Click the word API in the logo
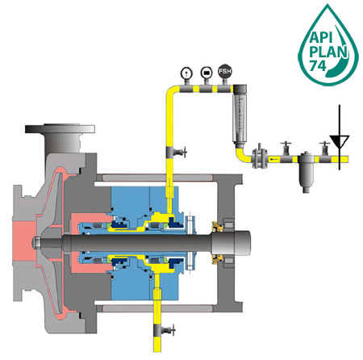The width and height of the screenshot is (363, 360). tap(321, 37)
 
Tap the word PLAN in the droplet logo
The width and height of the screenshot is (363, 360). tap(328, 52)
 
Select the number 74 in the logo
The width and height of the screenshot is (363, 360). tap(318, 65)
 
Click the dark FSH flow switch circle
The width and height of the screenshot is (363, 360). tap(225, 71)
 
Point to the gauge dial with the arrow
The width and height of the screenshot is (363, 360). tap(186, 73)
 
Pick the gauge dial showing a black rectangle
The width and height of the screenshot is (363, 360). tap(207, 73)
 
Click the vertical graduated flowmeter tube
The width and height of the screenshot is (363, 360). tap(240, 116)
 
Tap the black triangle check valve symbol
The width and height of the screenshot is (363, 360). tap(340, 141)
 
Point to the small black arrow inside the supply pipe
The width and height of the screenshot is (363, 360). tap(274, 160)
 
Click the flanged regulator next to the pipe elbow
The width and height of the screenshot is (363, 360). tap(260, 158)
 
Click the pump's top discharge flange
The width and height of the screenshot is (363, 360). tap(60, 128)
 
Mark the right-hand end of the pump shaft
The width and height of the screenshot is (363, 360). tap(251, 242)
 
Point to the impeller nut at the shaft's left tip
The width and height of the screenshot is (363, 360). tap(36, 242)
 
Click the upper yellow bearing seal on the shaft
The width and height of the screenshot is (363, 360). tap(218, 227)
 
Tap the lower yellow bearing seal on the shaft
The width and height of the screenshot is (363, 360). tap(218, 259)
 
